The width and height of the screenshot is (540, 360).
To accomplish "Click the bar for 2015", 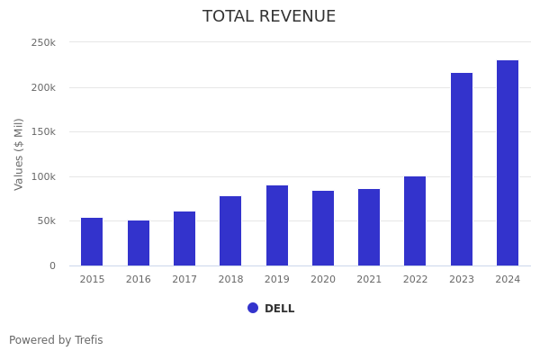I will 92,241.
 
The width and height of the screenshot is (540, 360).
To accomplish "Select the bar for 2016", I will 139,243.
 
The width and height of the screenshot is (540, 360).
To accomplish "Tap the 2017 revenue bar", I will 184,238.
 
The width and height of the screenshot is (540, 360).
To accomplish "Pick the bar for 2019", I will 277,225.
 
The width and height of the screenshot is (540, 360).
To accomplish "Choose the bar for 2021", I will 369,227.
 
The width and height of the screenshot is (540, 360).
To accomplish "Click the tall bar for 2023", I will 462,169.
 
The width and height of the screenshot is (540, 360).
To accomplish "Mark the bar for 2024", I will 508,163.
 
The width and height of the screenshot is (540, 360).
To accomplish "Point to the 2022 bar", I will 415,220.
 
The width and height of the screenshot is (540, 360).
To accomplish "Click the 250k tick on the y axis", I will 43,42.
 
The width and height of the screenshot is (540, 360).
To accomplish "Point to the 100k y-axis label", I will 43,176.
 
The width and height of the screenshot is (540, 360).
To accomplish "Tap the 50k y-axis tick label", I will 46,220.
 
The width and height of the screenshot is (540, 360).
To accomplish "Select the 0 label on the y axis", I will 52,265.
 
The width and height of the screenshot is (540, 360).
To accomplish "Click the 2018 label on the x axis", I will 230,280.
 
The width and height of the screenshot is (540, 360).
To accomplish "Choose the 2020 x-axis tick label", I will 323,280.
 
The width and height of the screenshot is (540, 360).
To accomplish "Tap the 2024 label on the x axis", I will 508,280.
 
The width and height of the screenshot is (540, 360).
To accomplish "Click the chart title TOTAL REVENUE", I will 269,17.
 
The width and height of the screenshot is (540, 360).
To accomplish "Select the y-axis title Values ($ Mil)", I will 19,154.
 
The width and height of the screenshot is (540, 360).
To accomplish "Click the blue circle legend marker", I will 253,308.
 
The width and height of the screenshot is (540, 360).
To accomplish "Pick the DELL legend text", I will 279,309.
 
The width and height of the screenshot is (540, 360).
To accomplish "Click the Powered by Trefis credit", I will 56,340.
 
